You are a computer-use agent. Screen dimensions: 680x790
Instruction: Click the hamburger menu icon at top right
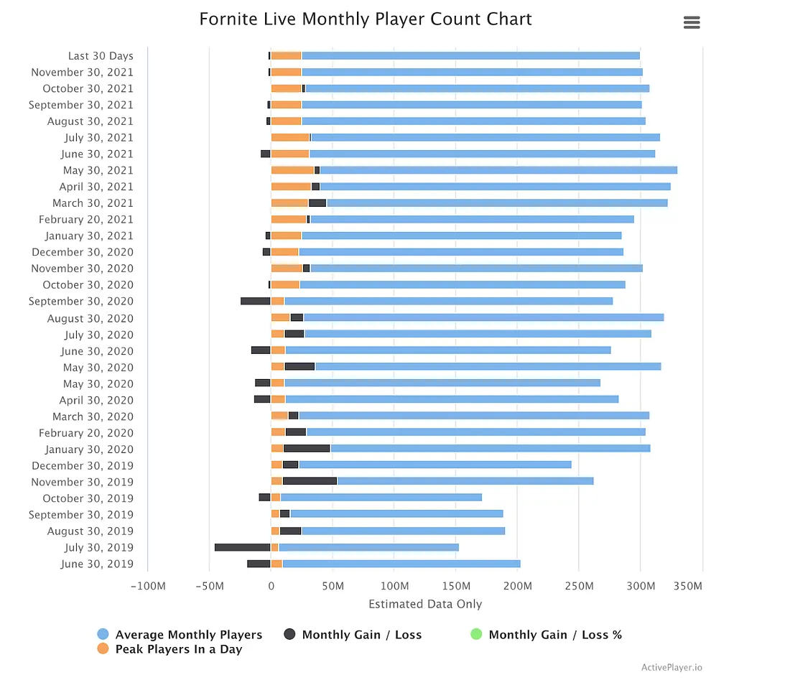(692, 22)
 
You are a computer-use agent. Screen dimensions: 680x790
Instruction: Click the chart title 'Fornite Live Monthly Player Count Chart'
(366, 19)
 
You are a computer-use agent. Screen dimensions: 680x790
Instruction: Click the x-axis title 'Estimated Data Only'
(425, 604)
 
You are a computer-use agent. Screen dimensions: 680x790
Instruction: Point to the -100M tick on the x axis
(148, 586)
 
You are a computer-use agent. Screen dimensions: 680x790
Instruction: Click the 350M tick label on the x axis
(688, 586)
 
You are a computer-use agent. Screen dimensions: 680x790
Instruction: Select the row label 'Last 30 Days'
(101, 56)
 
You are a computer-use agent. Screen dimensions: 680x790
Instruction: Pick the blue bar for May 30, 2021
(498, 170)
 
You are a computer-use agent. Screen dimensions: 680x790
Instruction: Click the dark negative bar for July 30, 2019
(242, 547)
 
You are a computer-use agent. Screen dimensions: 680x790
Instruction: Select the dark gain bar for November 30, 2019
(310, 481)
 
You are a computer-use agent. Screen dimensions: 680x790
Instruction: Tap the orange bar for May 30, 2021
(292, 170)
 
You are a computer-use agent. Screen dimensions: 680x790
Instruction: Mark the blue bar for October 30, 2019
(381, 498)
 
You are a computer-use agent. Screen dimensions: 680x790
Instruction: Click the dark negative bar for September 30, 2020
(255, 301)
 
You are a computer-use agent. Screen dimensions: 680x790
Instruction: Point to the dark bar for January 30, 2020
(307, 448)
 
